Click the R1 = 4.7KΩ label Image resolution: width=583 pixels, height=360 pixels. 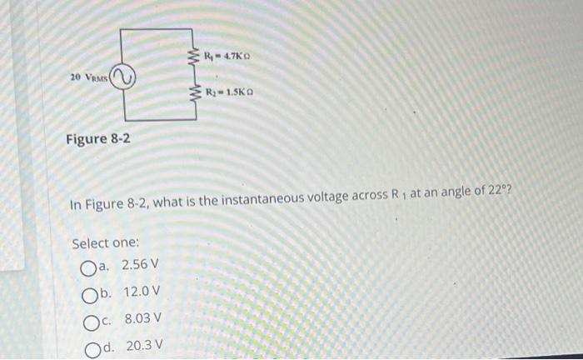(228, 57)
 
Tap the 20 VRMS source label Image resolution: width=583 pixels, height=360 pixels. (89, 77)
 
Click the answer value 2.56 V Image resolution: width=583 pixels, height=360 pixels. (139, 266)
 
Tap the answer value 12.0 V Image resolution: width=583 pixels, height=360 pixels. (142, 292)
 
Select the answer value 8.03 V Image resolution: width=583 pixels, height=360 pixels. (142, 318)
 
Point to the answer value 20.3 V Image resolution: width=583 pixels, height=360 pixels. (144, 345)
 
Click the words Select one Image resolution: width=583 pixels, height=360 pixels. (105, 243)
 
